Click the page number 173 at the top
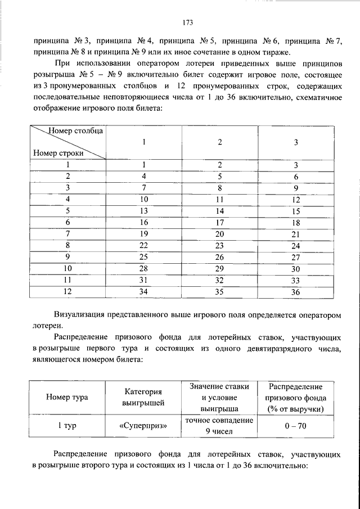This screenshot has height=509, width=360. pos(188,23)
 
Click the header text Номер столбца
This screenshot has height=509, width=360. pos(75,131)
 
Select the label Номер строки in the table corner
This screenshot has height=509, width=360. pos(58,152)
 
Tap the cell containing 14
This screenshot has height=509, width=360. pos(220,211)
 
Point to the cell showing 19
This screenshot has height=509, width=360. pos(144,234)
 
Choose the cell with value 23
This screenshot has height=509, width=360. pos(220,246)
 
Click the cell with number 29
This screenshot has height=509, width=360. pos(220,269)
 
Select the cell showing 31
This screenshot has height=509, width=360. pos(144,281)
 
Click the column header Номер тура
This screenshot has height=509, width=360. pos(67,397)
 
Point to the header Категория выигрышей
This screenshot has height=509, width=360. pos(143,397)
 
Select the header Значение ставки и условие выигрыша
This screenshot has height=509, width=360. pos(219,397)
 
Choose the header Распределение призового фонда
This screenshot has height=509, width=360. pos(295,397)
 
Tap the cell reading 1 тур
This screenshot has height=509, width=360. pos(67,426)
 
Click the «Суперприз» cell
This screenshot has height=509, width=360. pos(143,426)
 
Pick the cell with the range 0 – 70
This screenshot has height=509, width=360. pos(295,426)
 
